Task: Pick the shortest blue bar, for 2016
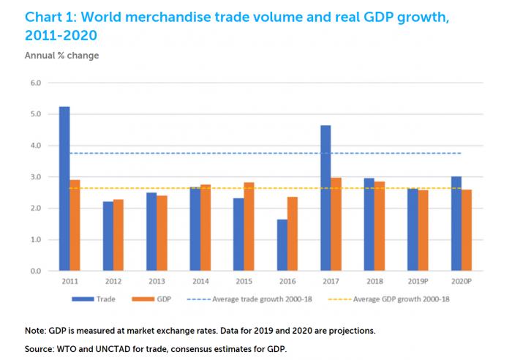point(282,245)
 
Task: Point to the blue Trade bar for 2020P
point(456,224)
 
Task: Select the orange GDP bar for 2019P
point(423,230)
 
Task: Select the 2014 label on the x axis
point(200,281)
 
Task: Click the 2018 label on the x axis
point(374,281)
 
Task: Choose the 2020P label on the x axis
point(461,281)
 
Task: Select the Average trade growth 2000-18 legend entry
point(263,299)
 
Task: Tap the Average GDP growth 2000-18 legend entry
point(400,299)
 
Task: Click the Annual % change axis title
point(61,55)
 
